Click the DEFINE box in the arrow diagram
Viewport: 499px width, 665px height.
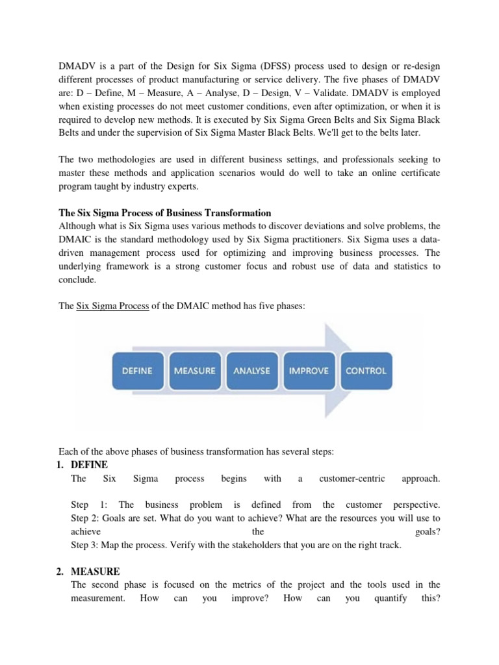tap(137, 371)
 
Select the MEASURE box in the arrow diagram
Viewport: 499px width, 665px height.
tap(194, 371)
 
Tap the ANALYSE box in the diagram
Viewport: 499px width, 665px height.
tap(251, 371)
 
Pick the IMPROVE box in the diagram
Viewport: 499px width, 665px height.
tap(309, 371)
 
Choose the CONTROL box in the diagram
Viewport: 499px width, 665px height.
tap(366, 371)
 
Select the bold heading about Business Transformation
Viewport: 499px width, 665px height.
tap(165, 213)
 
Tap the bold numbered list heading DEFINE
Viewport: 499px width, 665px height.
tap(89, 465)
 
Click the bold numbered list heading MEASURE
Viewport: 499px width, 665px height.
tap(95, 571)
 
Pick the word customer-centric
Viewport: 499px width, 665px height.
tap(352, 479)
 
